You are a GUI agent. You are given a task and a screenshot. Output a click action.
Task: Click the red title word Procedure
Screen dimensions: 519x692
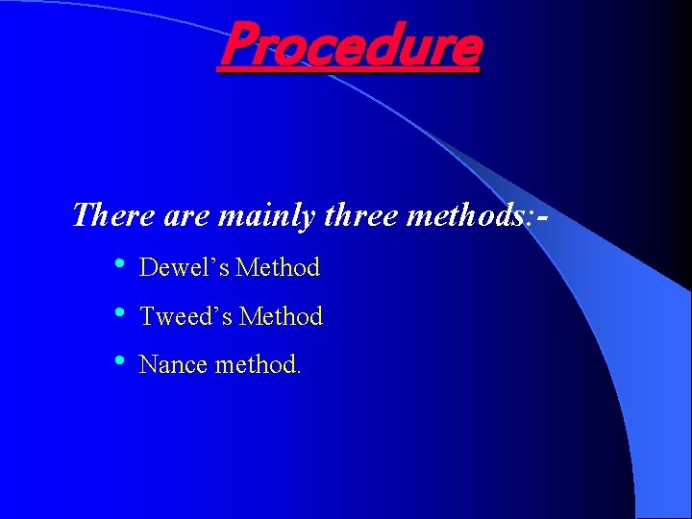click(349, 46)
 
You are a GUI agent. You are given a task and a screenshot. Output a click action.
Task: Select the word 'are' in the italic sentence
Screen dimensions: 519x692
click(186, 215)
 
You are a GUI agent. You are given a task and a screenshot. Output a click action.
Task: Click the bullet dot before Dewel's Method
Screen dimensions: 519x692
click(118, 264)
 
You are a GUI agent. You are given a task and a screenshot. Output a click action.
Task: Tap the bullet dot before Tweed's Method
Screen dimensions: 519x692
click(118, 313)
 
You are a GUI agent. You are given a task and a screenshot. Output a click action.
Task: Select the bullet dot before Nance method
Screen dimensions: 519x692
click(118, 362)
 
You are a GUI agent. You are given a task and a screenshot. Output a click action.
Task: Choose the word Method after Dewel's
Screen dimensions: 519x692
click(278, 267)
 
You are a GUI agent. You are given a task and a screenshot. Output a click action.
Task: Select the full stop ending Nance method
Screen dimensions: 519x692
click(298, 372)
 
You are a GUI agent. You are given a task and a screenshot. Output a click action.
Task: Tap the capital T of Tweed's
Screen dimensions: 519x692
click(147, 316)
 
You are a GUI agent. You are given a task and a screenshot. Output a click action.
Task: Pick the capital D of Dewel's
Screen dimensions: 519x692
click(148, 267)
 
